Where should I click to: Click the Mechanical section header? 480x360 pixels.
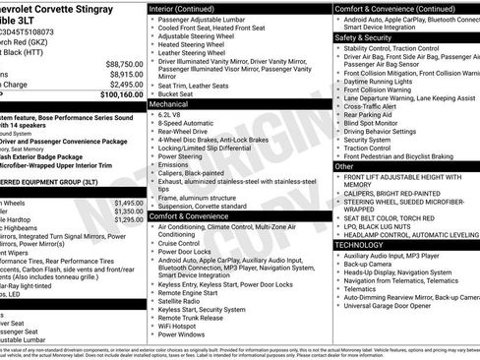pyautogui.click(x=168, y=102)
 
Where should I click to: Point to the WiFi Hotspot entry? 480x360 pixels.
pyautogui.click(x=184, y=326)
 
